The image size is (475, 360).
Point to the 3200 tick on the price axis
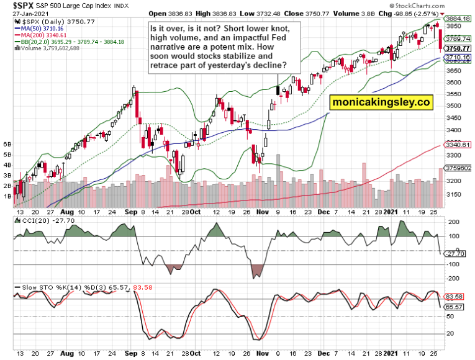point(455,181)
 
